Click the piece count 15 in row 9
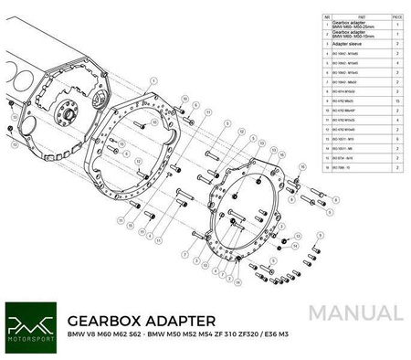[396, 100]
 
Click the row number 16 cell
[327, 167]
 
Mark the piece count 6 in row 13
[396, 138]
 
